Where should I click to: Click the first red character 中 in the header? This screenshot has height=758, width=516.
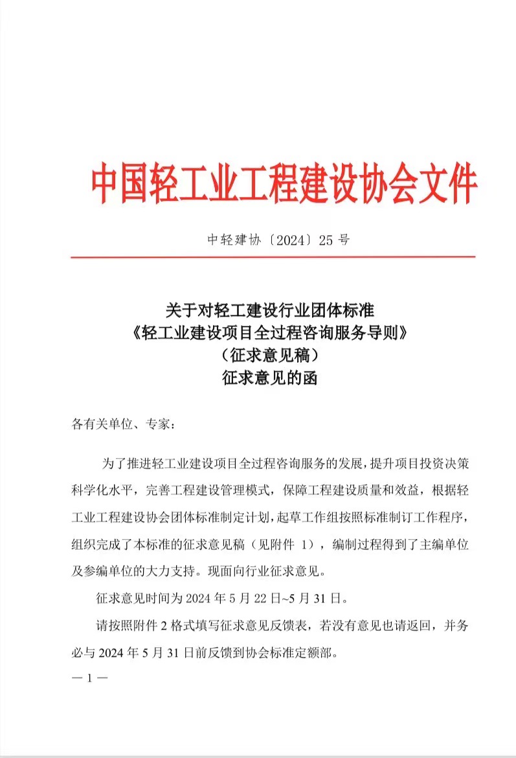[106, 185]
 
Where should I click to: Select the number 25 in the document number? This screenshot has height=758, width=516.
[326, 240]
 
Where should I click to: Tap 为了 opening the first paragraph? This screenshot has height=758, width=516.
[110, 465]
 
